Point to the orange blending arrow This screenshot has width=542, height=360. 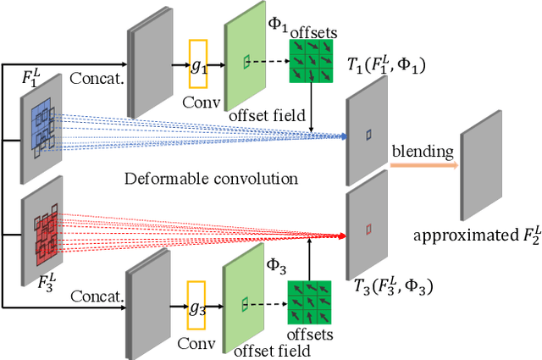coord(422,167)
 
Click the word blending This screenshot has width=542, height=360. coord(422,152)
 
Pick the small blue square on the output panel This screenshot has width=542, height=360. coord(368,134)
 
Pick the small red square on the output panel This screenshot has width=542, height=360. coord(368,229)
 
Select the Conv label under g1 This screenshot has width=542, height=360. coord(197,109)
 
